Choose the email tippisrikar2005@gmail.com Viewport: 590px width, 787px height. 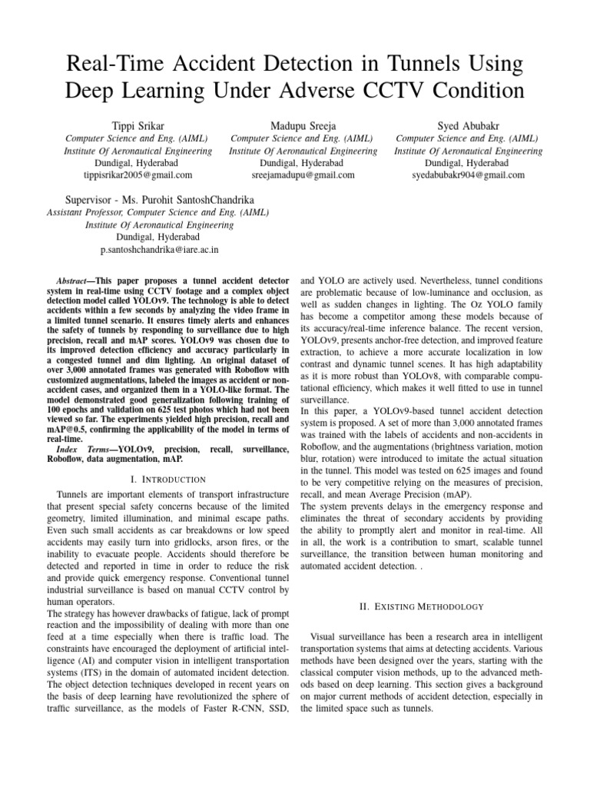click(x=128, y=175)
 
